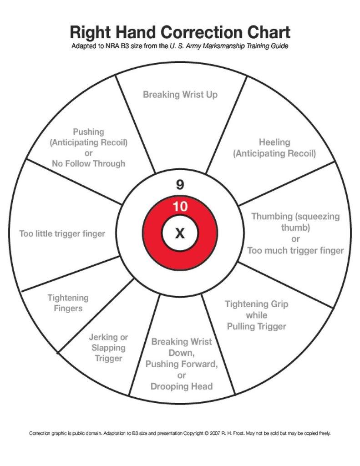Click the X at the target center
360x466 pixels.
[x=180, y=234]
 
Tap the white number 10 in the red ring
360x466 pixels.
[x=180, y=207]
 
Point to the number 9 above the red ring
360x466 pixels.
[x=180, y=185]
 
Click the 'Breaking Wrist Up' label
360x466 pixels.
[x=180, y=95]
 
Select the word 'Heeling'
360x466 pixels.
[x=274, y=142]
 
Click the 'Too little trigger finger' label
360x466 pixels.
[x=62, y=234]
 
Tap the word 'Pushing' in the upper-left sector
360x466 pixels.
[x=88, y=132]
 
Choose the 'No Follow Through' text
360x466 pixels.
[x=88, y=163]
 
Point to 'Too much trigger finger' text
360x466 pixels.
[x=295, y=250]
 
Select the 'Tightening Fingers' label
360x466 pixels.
[x=68, y=303]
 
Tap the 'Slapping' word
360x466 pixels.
[x=108, y=348]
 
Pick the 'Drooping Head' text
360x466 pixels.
[x=182, y=386]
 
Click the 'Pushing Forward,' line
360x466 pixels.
[x=182, y=364]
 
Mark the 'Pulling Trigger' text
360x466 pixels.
[x=257, y=326]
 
